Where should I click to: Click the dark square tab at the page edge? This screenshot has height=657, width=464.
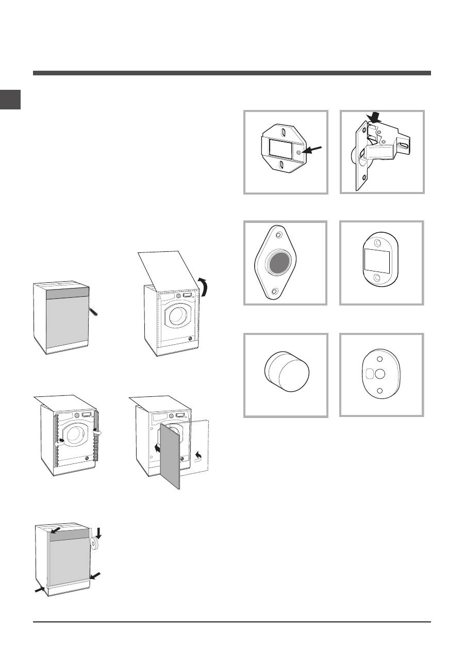point(10,100)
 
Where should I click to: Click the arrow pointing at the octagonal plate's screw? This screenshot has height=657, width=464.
point(312,150)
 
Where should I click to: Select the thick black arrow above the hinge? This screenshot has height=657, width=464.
point(375,119)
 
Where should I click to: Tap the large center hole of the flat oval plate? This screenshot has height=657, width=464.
point(379,374)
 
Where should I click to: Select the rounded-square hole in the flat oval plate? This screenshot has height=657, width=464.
point(368,374)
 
